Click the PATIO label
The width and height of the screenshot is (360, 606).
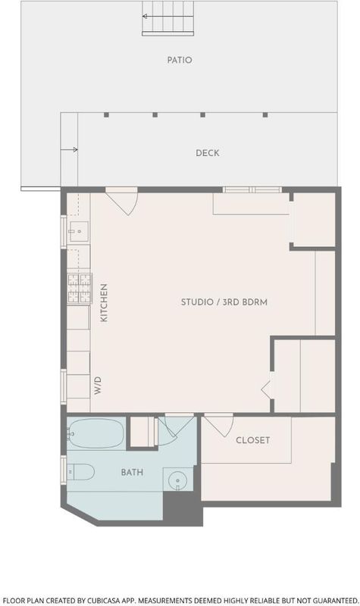[x=180, y=60]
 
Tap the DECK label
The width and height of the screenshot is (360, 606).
[x=208, y=153]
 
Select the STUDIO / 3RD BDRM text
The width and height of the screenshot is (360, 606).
[x=224, y=301]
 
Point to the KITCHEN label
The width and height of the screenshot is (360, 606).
[x=104, y=302]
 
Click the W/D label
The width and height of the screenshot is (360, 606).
[x=98, y=386]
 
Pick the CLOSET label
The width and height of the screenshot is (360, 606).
[x=253, y=440]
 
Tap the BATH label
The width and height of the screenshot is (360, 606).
[x=132, y=472]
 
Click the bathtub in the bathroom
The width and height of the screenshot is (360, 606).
[x=95, y=433]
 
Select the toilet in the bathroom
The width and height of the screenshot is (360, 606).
[x=80, y=472]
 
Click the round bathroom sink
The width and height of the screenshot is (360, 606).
[x=178, y=479]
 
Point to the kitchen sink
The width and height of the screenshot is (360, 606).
[x=79, y=232]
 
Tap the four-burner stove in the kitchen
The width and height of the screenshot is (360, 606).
[x=80, y=289]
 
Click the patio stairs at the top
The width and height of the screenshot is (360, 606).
[x=167, y=18]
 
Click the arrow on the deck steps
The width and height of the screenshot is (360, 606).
[x=69, y=149]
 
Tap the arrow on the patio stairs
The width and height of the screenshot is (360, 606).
[x=167, y=16]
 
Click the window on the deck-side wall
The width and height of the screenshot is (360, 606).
[x=252, y=189]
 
